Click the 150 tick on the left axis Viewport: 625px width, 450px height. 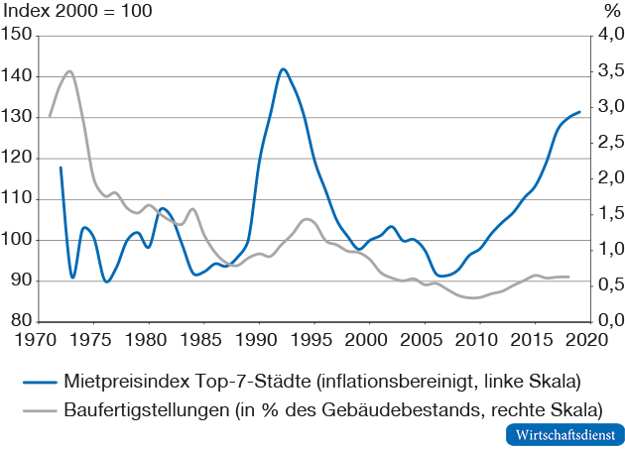tap(17, 36)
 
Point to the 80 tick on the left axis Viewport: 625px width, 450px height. tap(21, 321)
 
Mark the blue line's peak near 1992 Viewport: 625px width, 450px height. tap(283, 69)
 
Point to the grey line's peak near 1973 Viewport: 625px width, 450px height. tap(69, 71)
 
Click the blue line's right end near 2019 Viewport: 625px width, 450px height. tap(579, 112)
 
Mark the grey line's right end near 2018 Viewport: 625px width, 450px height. tap(568, 277)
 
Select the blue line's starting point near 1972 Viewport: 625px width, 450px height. tap(61, 168)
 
